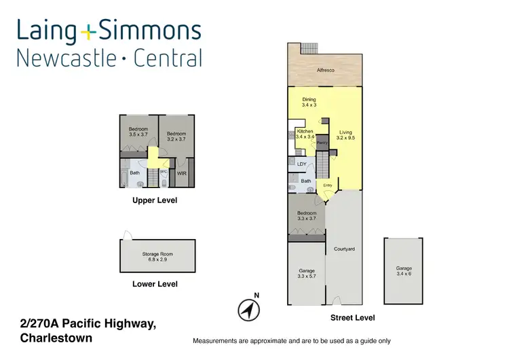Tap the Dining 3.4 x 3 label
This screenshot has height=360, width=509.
(x=309, y=103)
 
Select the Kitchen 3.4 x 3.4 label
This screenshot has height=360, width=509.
(x=305, y=134)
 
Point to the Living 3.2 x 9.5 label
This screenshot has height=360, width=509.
(x=345, y=134)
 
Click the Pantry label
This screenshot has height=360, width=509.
(x=322, y=143)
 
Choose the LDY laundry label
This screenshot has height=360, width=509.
(x=302, y=164)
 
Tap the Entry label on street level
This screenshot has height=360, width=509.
(x=328, y=185)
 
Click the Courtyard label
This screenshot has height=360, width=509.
(x=344, y=249)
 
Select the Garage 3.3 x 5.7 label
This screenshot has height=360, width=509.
(x=306, y=273)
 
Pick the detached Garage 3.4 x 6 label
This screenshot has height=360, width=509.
(x=404, y=271)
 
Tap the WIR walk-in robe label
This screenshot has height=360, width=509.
(x=181, y=174)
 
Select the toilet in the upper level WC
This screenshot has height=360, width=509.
(x=164, y=181)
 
